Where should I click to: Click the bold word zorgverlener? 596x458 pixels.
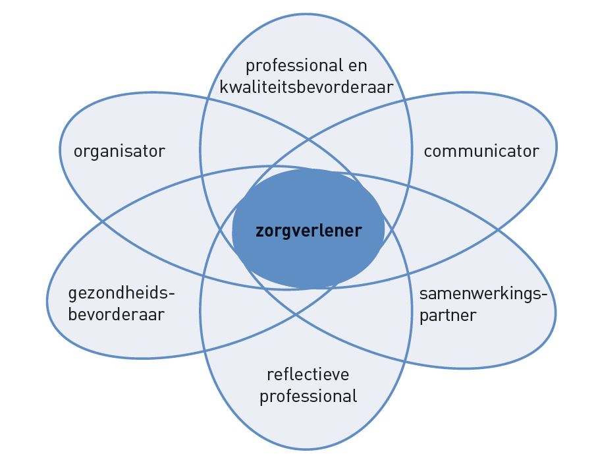point(309,231)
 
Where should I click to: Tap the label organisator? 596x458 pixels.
point(119,152)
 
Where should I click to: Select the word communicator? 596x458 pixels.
point(481,151)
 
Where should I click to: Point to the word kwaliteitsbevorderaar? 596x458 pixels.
point(306,87)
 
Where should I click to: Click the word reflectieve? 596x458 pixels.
point(308,374)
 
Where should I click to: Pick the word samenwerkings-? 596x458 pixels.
point(483,295)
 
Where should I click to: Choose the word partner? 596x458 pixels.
point(448,316)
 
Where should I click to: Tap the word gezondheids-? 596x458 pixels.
point(121,294)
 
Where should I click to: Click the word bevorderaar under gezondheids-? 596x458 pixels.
point(117,314)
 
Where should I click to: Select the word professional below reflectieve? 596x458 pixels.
point(308,397)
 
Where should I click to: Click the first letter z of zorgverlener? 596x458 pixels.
point(259,232)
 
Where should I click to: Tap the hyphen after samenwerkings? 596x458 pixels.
point(544,295)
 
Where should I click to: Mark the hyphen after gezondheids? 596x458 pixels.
point(171,294)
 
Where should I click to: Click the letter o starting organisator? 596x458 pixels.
point(78,152)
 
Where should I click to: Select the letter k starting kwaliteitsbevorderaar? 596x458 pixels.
point(224,87)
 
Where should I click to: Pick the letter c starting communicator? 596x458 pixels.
point(428,152)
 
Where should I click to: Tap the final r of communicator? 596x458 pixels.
point(536,152)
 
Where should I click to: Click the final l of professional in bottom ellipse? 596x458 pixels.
point(355,395)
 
